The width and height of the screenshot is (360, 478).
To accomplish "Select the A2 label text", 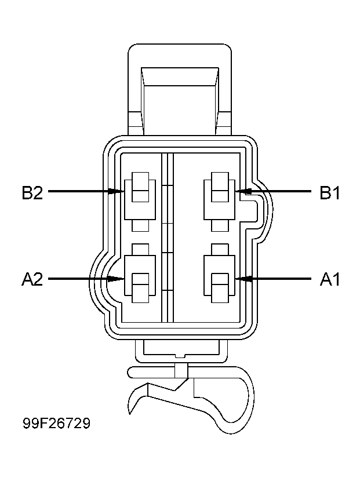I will coord(32,280).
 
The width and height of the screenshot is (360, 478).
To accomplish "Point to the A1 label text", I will coord(330,280).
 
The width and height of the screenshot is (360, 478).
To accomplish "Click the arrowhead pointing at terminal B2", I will coord(118,191).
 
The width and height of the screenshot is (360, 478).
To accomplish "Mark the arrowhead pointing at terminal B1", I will coord(242,191).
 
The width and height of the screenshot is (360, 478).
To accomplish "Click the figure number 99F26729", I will coord(56,424).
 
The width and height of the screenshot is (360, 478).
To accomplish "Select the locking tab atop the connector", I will coord(179,87).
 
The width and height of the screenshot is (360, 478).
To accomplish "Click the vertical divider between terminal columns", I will coord(168,238).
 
